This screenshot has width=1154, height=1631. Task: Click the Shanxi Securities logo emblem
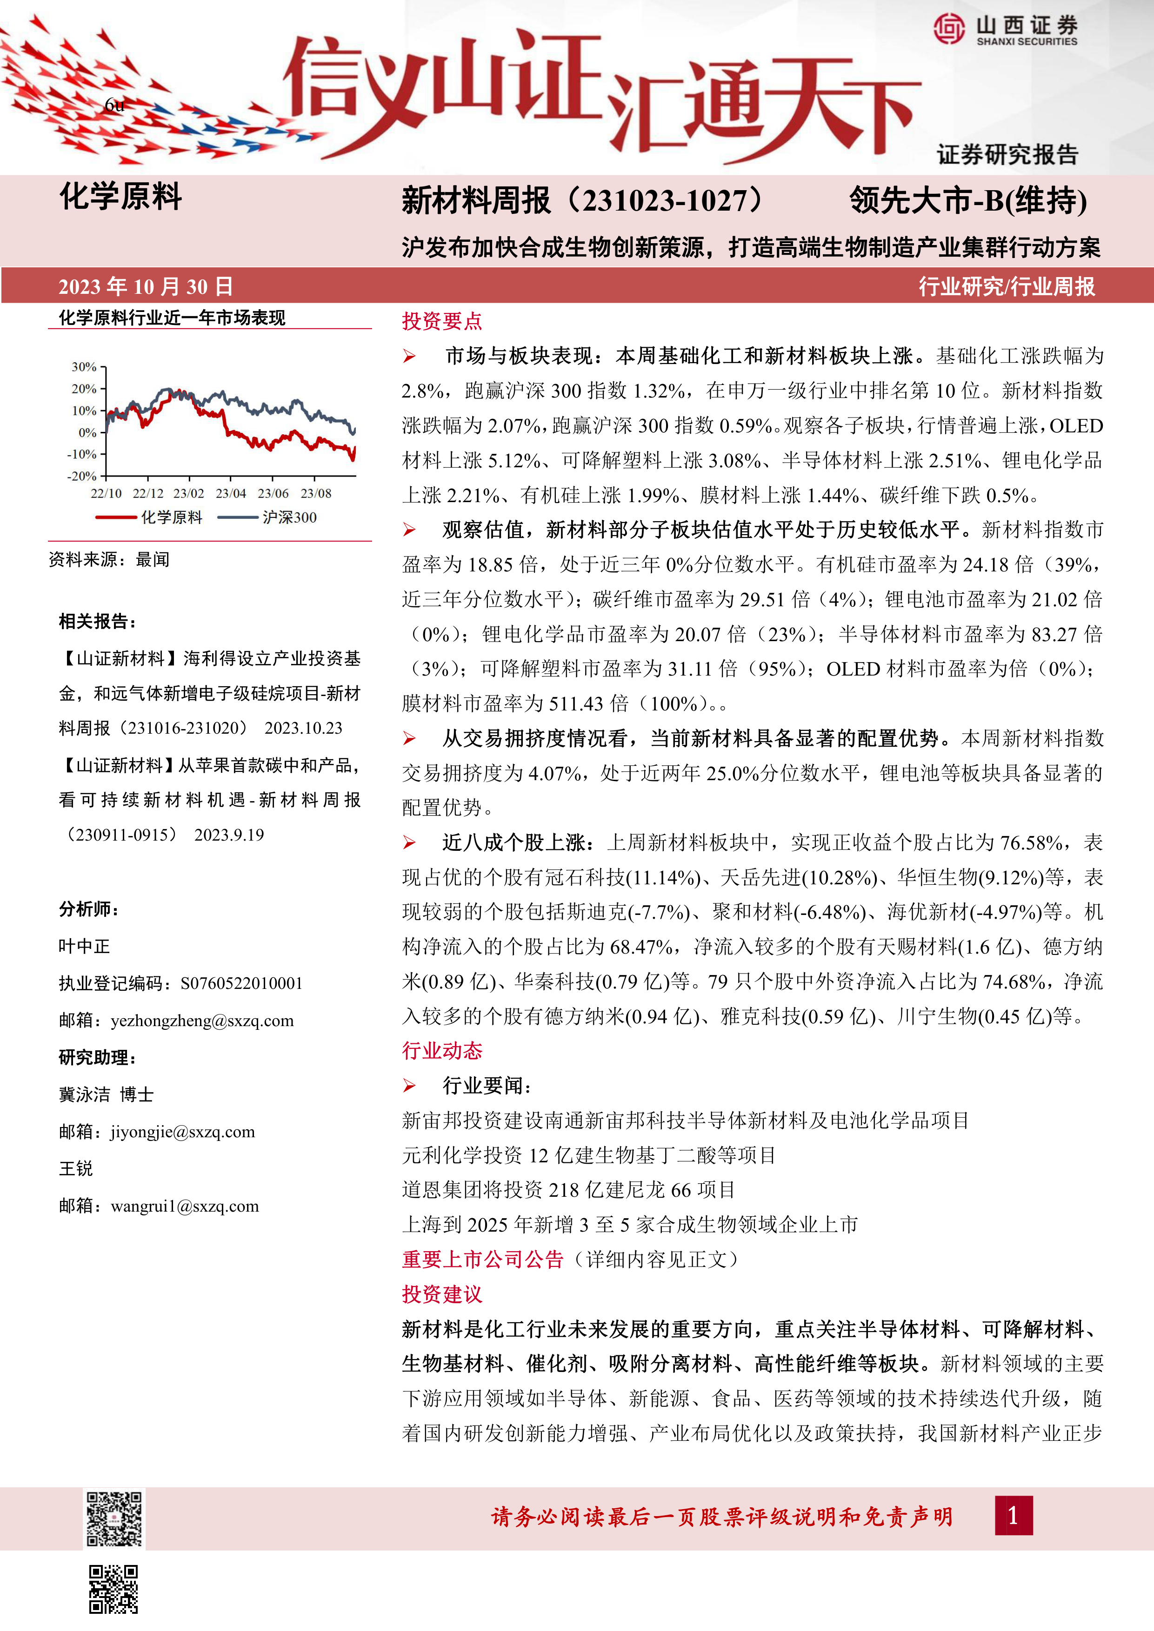949,29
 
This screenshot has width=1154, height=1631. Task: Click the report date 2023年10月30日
146,286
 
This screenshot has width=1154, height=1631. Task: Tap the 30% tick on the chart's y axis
84,366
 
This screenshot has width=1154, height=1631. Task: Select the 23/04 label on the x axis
231,493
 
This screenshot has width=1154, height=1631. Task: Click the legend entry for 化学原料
149,517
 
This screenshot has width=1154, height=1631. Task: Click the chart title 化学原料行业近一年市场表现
172,318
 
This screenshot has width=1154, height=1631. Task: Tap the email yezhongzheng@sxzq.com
202,1021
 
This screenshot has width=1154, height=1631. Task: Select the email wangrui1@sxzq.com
185,1206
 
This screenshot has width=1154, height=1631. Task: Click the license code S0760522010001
241,983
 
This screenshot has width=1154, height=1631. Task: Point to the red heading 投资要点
442,321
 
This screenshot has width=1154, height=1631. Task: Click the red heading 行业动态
442,1051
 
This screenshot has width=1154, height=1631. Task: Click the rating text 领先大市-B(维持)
968,201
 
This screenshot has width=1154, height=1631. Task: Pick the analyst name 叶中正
85,946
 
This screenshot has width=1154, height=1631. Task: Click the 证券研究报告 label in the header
1007,154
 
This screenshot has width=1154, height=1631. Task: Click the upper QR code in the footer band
114,1519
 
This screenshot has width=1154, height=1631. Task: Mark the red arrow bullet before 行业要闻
409,1086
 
